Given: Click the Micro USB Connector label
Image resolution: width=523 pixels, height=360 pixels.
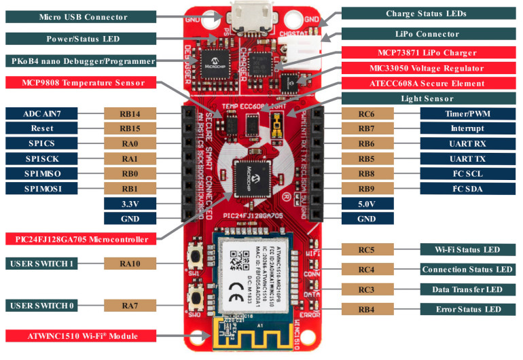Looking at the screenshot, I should (x=79, y=15).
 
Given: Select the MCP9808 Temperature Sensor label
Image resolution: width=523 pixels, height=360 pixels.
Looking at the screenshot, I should (x=79, y=83).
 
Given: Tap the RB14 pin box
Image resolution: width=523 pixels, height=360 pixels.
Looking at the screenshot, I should (x=130, y=113).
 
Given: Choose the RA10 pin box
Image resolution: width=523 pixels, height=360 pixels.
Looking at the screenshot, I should (x=130, y=263).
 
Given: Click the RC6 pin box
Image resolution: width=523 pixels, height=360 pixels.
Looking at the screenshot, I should (x=367, y=113).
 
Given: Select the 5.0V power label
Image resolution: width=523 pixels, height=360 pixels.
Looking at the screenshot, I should (x=367, y=203).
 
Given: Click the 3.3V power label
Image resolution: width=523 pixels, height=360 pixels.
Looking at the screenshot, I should (x=130, y=203).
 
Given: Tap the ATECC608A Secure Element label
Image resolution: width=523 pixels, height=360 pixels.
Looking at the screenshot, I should (x=431, y=83).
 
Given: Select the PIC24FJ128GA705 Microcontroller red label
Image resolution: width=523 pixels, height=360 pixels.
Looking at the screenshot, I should (x=79, y=239).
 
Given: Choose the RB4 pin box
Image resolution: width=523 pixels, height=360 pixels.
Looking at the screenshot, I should (x=367, y=310).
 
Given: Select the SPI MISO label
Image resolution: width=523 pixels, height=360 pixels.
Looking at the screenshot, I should (x=47, y=173).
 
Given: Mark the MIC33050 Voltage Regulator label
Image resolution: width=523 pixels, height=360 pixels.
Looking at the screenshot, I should (x=431, y=68).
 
